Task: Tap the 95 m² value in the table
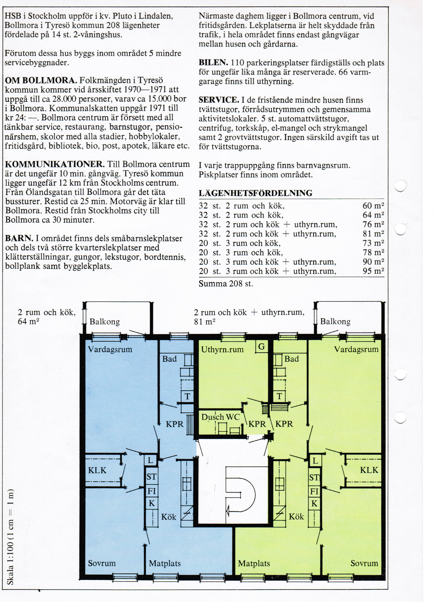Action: coord(373,271)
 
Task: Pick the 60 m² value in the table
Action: coord(373,205)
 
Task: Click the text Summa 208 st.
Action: coord(226,284)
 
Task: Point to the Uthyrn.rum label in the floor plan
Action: coord(222,350)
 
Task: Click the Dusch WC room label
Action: coord(220,417)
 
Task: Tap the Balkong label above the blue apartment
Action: coord(104,322)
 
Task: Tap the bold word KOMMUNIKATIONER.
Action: coord(55,164)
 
